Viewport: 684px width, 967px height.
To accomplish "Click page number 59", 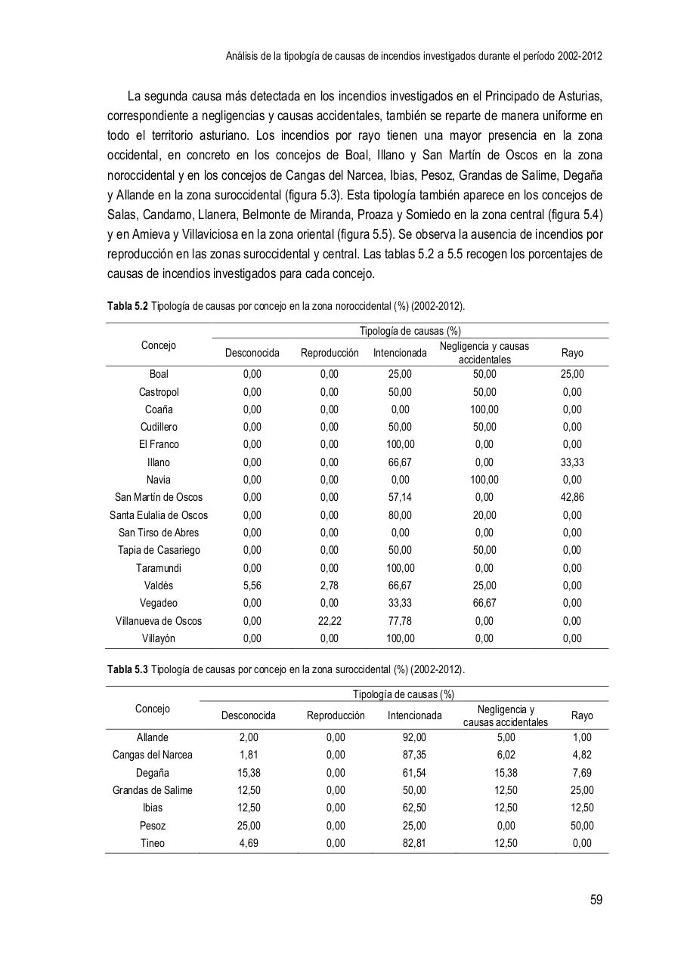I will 596,900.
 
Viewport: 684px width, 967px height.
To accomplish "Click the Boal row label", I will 159,374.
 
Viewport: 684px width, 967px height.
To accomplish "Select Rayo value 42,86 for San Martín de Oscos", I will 572,497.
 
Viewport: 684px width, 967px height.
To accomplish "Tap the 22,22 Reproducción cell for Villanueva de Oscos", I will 329,621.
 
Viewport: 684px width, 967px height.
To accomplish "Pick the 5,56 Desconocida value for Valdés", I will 252,585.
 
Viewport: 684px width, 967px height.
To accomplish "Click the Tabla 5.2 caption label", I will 128,307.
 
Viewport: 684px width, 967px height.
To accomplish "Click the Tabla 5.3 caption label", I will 128,670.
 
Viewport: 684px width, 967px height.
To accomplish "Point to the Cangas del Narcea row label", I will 153,755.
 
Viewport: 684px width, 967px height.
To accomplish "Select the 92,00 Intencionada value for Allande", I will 414,737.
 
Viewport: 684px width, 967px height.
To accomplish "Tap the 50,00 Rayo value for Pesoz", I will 582,826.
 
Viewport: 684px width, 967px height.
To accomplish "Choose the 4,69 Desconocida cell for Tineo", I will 248,843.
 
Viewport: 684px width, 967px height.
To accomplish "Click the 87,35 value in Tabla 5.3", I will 414,755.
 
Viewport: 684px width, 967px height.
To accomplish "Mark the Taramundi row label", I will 159,568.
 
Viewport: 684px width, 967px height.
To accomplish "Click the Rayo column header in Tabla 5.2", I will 572,353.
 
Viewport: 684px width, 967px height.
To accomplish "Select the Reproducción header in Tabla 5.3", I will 336,715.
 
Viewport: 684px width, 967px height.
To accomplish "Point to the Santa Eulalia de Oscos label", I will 159,515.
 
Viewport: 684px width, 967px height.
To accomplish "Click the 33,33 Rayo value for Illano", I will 572,462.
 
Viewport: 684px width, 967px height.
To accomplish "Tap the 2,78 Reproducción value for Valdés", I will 329,585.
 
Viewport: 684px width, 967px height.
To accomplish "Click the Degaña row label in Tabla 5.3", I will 153,773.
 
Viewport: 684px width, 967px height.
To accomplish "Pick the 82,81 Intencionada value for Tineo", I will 414,843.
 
